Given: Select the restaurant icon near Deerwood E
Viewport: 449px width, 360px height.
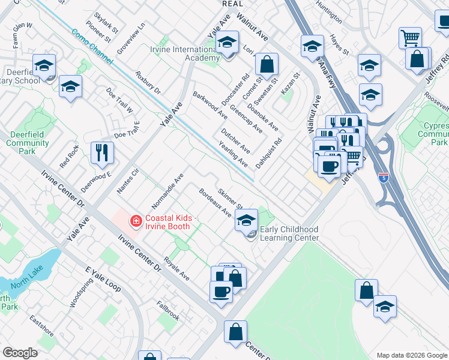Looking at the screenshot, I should click(101, 154).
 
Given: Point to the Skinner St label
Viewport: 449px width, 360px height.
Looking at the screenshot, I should click(229, 198).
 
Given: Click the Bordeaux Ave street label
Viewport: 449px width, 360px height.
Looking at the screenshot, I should click(215, 203).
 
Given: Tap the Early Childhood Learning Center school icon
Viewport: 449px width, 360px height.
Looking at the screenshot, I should click(246, 221).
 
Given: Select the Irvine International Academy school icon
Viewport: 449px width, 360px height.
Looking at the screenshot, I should click(227, 43).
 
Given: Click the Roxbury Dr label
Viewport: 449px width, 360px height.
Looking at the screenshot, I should click(148, 83).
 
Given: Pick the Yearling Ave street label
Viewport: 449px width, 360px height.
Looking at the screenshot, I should click(233, 155).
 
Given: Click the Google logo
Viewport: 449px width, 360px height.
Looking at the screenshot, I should click(20, 353).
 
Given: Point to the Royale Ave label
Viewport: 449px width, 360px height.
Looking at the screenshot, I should click(177, 270).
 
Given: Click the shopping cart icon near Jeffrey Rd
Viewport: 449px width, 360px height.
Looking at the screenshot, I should click(410, 38).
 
